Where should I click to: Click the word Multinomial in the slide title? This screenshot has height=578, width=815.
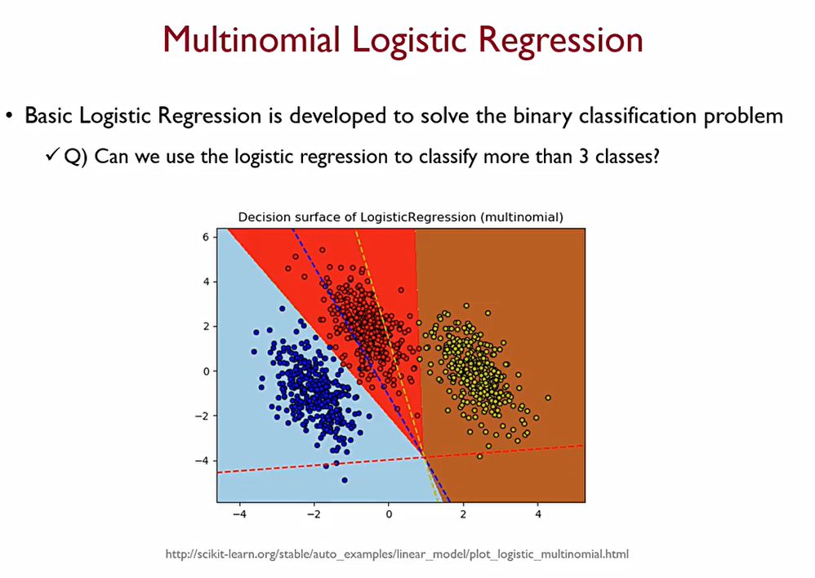pos(251,40)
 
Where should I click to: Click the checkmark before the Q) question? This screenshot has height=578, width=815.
pos(52,155)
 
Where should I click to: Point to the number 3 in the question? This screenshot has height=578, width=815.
pos(584,156)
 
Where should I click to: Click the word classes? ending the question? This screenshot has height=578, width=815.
pos(627,156)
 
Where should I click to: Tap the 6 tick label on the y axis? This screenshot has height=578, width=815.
pos(206,237)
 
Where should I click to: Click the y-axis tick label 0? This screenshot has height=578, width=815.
pos(206,371)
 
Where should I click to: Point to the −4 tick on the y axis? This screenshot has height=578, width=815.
pos(203,460)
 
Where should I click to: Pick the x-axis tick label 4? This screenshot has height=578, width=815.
pos(538,514)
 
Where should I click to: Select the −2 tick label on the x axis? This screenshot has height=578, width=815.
pos(314,514)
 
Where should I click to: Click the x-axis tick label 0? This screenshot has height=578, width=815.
pos(388,514)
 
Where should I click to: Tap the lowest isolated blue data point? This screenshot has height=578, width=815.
pos(345,480)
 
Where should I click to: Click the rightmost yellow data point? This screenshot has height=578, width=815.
pos(548,398)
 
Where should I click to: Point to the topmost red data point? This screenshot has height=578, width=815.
pos(323,250)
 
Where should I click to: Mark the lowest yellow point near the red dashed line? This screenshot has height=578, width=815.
pos(479,456)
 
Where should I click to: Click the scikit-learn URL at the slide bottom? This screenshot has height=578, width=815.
pos(397,554)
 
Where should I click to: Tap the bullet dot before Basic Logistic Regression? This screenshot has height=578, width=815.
pos(9,115)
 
